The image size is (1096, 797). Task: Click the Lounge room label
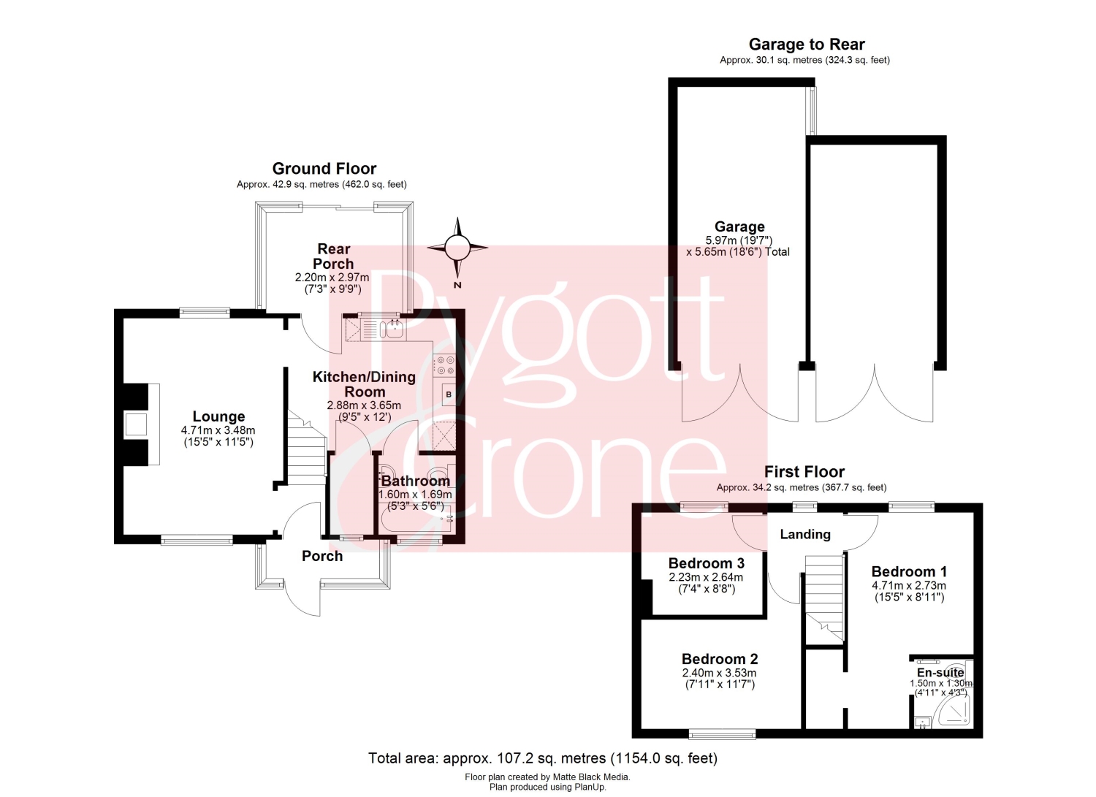pos(218,416)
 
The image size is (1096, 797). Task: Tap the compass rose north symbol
pos(457,248)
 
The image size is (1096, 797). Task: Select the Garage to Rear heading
pos(807,45)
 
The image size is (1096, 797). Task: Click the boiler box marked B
pos(449,394)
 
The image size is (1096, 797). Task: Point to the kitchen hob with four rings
pos(445,365)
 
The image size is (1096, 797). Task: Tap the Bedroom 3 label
pos(706,563)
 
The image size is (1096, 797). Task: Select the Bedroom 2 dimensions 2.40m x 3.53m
pos(719,674)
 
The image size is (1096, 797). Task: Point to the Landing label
pos(805,534)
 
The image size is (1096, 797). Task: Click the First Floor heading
pos(804,472)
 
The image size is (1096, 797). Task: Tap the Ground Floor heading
pos(324,169)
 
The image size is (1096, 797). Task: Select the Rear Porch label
pos(333,256)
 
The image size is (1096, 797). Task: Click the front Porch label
pos(322,556)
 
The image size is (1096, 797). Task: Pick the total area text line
pos(543,758)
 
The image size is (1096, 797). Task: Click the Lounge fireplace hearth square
pos(136,424)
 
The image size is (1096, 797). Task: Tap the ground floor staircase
pos(306,447)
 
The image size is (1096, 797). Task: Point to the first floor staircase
pos(824,598)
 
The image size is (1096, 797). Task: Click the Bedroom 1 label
pos(909,571)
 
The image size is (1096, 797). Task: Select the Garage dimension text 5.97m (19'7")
pos(738,240)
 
